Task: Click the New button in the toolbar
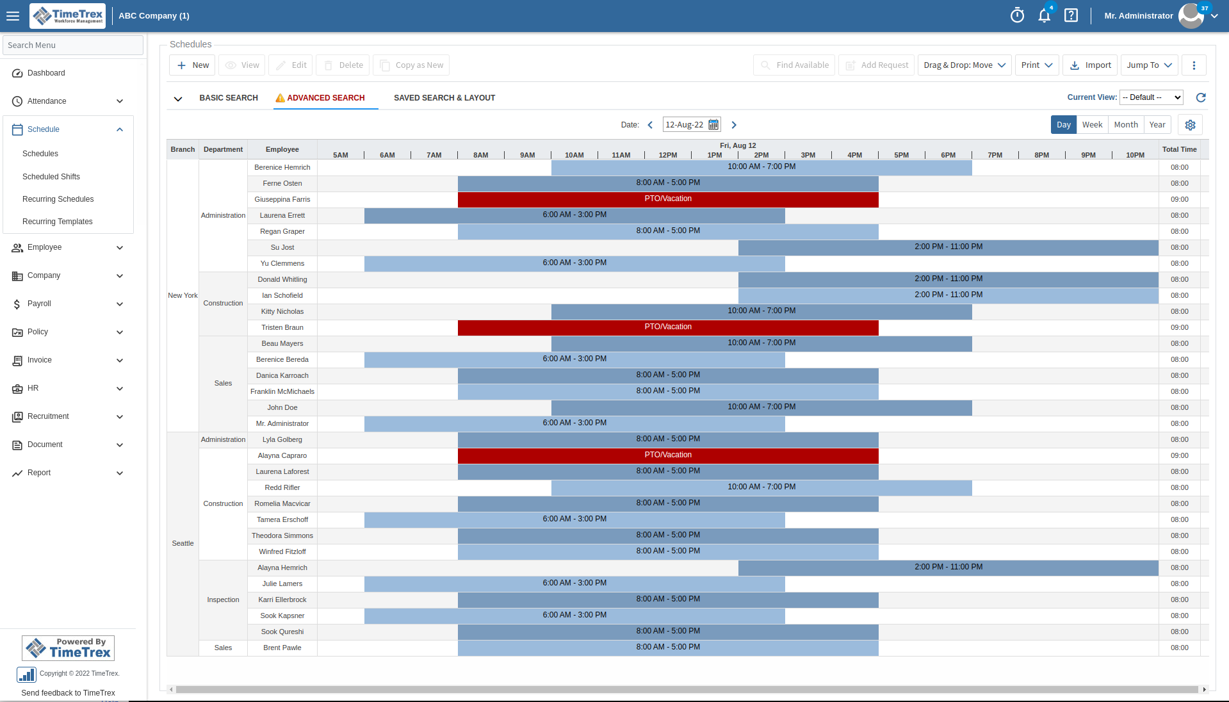[192, 65]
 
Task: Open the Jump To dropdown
[1149, 65]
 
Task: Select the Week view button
[1092, 125]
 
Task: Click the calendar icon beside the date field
[713, 125]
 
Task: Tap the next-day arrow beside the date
[734, 125]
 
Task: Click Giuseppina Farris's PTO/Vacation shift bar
[668, 199]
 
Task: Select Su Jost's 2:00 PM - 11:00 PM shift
[948, 247]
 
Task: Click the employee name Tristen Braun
[282, 327]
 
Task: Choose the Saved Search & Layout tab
[444, 98]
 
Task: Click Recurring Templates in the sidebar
[58, 222]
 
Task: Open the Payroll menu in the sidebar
[67, 304]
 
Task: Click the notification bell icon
[1044, 16]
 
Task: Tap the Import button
[1090, 65]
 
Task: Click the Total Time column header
[1179, 149]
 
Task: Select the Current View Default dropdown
[1151, 97]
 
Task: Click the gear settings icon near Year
[1190, 125]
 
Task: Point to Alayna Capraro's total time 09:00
[1179, 455]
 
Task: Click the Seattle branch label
[183, 543]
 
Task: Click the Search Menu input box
[73, 45]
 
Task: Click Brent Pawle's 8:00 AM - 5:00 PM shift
[668, 648]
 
